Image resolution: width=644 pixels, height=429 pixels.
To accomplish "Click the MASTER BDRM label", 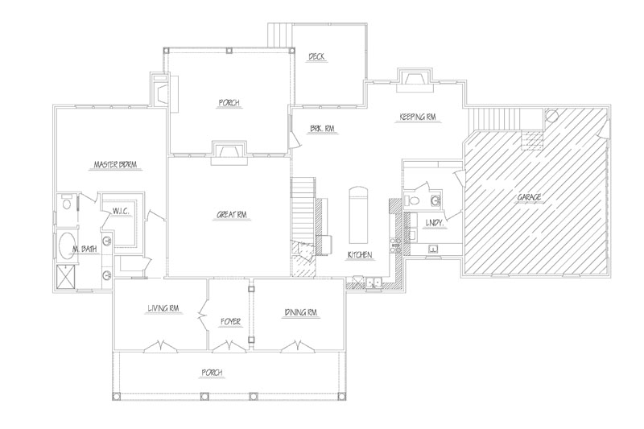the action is pos(115,165).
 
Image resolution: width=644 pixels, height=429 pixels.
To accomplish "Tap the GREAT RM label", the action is pos(233,215).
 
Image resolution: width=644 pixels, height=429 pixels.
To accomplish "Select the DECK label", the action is pos(316,56).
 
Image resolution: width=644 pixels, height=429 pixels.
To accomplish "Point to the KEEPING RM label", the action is pos(417,117).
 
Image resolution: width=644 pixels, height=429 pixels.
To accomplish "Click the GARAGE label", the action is pos(529,197).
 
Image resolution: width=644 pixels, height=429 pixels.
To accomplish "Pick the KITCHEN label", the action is pos(360,255).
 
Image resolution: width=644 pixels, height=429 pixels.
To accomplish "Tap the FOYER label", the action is pos(230,322).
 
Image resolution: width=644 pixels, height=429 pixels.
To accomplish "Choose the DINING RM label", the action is pos(300,312).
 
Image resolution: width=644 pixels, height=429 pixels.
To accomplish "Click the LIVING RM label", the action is pos(163,308).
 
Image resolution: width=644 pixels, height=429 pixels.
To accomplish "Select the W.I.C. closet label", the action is pos(121,212).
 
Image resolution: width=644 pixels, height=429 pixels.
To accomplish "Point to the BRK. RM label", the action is pos(323,129).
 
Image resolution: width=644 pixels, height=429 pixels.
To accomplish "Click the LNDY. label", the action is pos(434,223).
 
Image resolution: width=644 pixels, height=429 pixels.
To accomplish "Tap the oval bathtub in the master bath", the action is pos(68,246).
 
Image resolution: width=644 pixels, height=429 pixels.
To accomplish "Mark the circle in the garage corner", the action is pos(551,115).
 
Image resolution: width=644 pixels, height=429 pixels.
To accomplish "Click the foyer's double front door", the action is pos(230,347).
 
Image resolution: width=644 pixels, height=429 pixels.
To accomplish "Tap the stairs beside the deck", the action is pos(279,35).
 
